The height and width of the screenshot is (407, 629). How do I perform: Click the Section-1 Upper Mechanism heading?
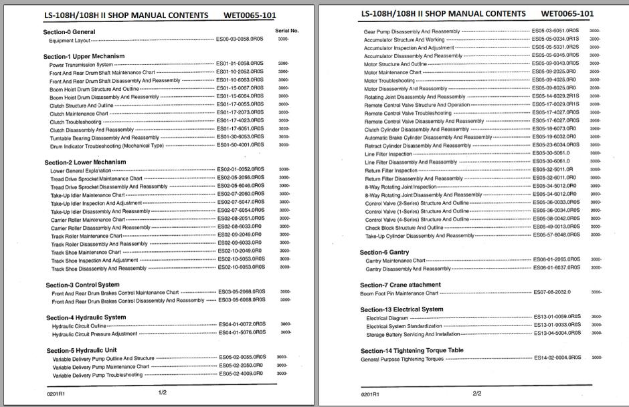click(84, 56)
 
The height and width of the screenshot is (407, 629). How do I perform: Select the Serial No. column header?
click(286, 31)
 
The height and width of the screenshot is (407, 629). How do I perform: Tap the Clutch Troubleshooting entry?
click(76, 122)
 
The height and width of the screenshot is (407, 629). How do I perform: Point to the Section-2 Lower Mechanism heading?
click(85, 162)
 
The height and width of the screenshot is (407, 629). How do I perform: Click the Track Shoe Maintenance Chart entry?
click(86, 253)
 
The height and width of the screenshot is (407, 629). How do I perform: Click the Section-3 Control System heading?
click(82, 285)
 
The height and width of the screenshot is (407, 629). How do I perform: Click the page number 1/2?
click(162, 393)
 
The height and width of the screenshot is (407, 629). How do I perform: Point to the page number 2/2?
click(477, 394)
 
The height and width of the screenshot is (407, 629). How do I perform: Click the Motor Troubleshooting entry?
click(389, 80)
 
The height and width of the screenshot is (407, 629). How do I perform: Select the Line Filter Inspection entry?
click(388, 154)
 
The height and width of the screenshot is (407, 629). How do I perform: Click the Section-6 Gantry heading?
click(384, 252)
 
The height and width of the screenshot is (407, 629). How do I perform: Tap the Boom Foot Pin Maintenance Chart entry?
click(399, 293)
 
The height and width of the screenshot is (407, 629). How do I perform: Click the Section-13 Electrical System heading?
click(401, 309)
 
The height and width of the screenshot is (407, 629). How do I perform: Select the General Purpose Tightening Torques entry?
click(402, 359)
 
